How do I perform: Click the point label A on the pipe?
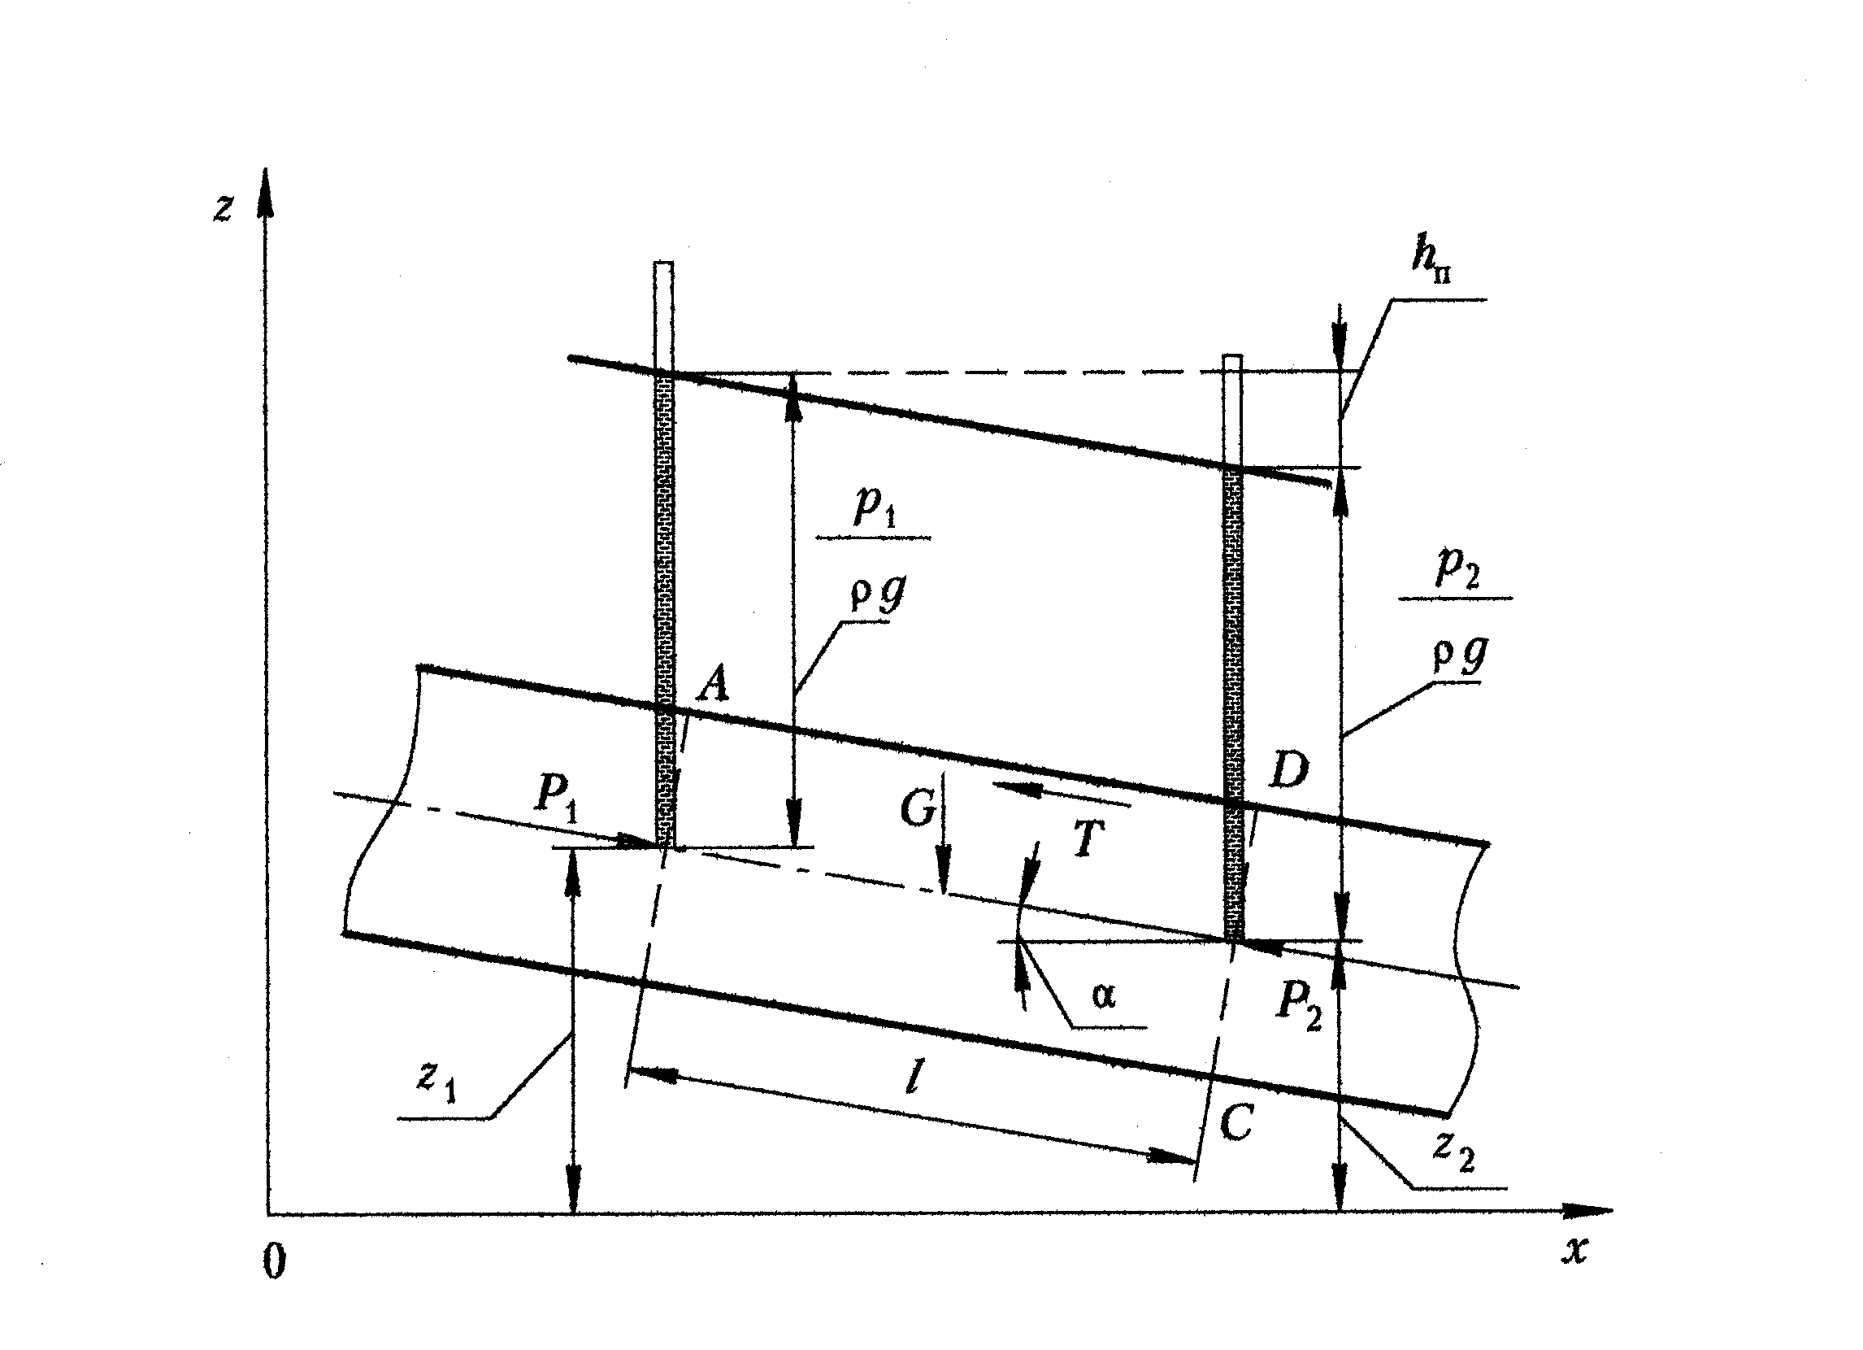[x=713, y=685]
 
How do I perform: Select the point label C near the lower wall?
[x=1236, y=1122]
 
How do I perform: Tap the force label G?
[x=918, y=808]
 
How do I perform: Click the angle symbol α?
[x=1104, y=996]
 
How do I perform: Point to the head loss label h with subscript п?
[x=1430, y=261]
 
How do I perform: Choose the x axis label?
[x=1574, y=1250]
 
